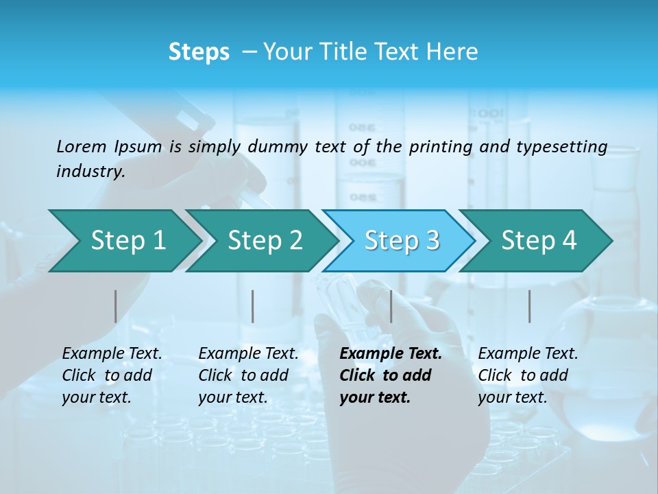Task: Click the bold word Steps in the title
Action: pyautogui.click(x=199, y=52)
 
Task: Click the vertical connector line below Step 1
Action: pyautogui.click(x=115, y=306)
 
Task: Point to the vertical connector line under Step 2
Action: pyautogui.click(x=253, y=306)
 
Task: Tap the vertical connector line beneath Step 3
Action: pyautogui.click(x=391, y=306)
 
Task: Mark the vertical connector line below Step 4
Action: pyautogui.click(x=529, y=306)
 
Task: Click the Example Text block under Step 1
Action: pyautogui.click(x=112, y=375)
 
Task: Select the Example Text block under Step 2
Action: pyautogui.click(x=248, y=375)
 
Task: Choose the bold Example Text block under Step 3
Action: pyautogui.click(x=391, y=375)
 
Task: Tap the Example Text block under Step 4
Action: pyautogui.click(x=528, y=375)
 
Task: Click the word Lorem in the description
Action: pyautogui.click(x=81, y=147)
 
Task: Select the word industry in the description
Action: pyautogui.click(x=90, y=172)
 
